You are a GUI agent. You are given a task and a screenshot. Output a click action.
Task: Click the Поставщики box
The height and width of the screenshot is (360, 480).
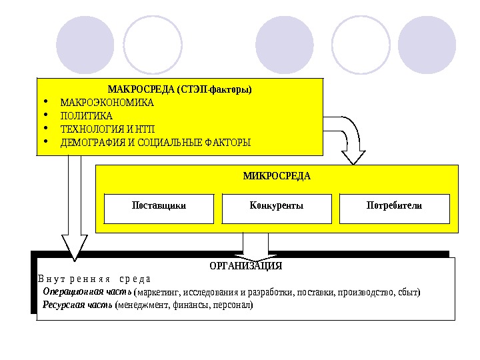pos(159,206)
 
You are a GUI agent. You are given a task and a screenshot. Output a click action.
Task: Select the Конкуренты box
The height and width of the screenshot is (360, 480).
pos(276,206)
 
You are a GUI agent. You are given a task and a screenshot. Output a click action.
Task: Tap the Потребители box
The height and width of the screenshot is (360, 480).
pos(394,206)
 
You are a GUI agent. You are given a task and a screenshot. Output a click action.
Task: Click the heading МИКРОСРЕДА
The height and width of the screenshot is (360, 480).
pos(277,177)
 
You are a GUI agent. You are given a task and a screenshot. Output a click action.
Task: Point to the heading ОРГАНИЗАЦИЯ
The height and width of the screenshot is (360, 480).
pos(245,266)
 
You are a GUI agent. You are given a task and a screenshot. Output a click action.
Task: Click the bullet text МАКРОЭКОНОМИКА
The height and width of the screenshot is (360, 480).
pos(107,103)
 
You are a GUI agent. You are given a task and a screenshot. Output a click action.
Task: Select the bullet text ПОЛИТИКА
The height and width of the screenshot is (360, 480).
pos(86,116)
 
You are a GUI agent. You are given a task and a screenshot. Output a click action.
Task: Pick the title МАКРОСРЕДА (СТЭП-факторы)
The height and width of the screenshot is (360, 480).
pos(179,89)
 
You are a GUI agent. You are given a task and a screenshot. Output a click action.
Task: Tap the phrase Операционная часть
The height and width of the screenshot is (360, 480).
pos(87,291)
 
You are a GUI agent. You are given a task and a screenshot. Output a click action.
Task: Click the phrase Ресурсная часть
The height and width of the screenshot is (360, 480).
pos(77,305)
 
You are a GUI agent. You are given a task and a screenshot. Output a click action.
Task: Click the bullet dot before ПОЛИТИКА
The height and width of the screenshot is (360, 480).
pos(45,116)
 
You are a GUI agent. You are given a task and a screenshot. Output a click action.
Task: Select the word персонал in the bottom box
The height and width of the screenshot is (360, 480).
pos(233,305)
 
